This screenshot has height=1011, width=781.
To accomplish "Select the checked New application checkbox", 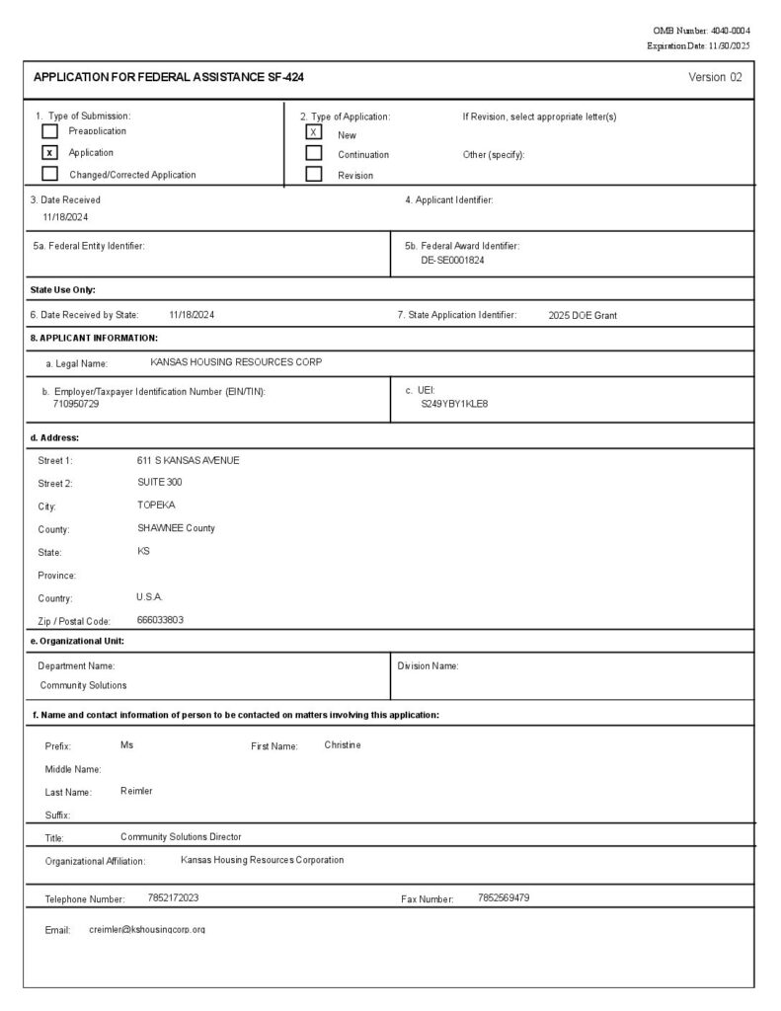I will tap(314, 132).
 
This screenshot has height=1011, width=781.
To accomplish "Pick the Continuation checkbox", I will tap(314, 153).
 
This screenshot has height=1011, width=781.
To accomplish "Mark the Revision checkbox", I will tap(314, 175).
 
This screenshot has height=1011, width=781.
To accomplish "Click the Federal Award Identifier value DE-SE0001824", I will tap(452, 261).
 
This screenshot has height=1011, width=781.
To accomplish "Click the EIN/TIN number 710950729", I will tap(76, 405).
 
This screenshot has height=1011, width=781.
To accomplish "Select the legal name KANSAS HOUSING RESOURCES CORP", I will tap(236, 362).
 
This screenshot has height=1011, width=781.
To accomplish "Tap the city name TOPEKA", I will tap(156, 505).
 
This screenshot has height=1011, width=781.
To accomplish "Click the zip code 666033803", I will tap(160, 620).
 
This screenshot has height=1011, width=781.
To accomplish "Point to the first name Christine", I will tap(343, 744).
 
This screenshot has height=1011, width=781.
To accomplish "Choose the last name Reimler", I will tap(136, 791).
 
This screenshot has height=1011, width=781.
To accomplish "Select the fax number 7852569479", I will tap(504, 898).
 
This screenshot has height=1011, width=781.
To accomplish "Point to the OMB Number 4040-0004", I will tap(702, 32).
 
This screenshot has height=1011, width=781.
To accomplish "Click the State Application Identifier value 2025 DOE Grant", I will tap(583, 316).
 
